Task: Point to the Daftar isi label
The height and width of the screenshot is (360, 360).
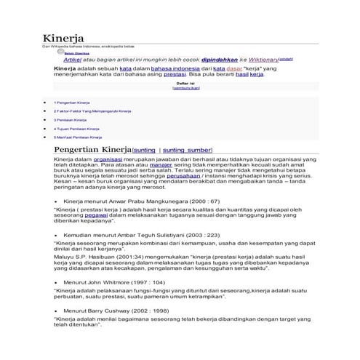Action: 177,84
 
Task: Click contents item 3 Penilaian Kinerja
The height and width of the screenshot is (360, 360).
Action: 70,119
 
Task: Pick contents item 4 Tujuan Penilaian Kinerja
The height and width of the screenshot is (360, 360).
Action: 76,128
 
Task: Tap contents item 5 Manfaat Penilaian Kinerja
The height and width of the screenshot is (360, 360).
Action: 77,137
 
